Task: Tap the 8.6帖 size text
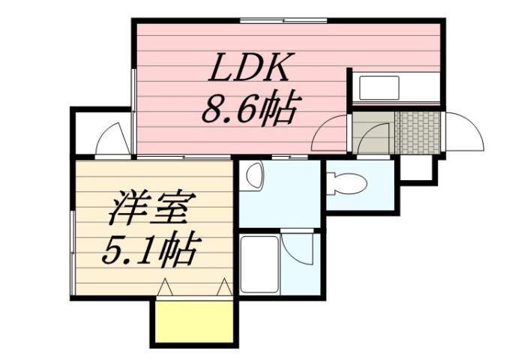coord(247,110)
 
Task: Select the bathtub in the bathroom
coord(259,264)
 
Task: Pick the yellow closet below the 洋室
coord(193,321)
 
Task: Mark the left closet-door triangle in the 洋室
coord(166,286)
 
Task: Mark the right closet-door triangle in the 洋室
coord(223,286)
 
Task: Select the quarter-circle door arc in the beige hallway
coord(374,139)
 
